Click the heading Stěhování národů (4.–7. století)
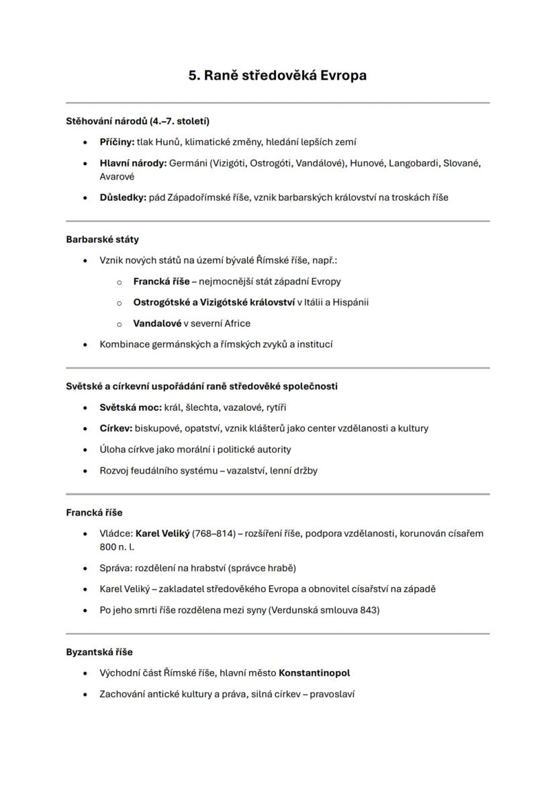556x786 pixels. [138, 121]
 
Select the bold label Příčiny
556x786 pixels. [116, 142]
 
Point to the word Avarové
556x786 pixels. [117, 177]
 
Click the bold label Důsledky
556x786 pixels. [122, 197]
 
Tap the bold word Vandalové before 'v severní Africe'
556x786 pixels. [157, 323]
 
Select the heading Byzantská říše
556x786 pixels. [99, 652]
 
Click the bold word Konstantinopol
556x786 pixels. [314, 673]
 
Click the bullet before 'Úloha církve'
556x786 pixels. [85, 450]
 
